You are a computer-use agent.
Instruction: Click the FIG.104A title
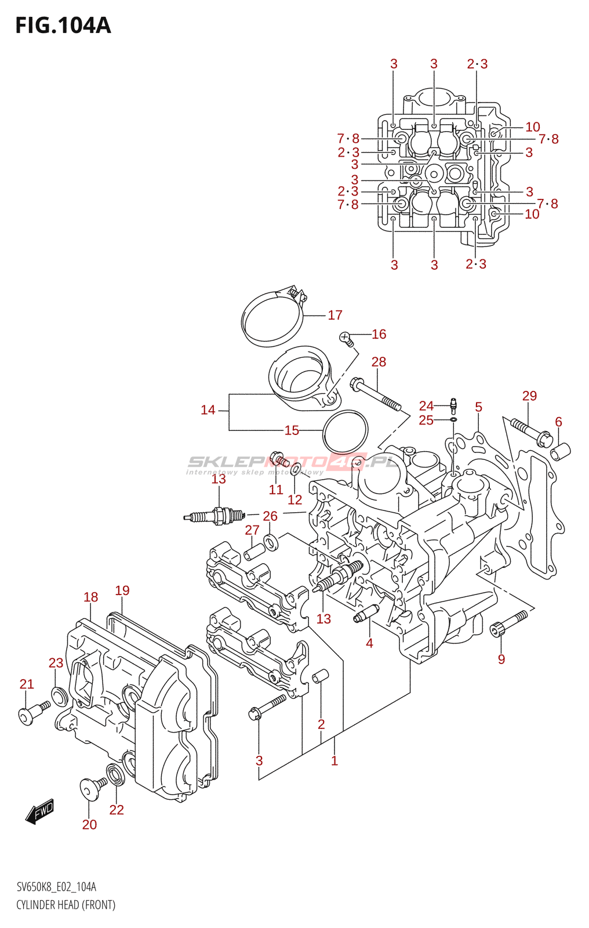pyautogui.click(x=63, y=26)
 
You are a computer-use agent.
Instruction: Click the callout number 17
pyautogui.click(x=335, y=315)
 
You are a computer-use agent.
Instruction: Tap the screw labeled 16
pyautogui.click(x=346, y=338)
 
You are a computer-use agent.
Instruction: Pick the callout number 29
pyautogui.click(x=529, y=396)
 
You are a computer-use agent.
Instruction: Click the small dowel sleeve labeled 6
pyautogui.click(x=561, y=450)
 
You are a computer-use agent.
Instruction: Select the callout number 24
pyautogui.click(x=426, y=405)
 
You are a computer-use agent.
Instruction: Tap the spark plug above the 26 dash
pyautogui.click(x=214, y=515)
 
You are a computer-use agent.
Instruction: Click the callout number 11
pyautogui.click(x=276, y=490)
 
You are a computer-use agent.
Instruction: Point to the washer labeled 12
pyautogui.click(x=296, y=469)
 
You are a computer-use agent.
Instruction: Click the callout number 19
pyautogui.click(x=122, y=590)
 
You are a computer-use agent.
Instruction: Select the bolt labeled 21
pyautogui.click(x=34, y=712)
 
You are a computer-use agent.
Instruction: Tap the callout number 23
pyautogui.click(x=56, y=662)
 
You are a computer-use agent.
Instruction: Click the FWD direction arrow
pyautogui.click(x=40, y=811)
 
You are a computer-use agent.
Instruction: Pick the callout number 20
pyautogui.click(x=89, y=824)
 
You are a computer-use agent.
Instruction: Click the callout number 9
pyautogui.click(x=501, y=659)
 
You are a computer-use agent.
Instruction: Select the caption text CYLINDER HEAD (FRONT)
pyautogui.click(x=66, y=905)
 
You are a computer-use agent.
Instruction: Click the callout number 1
pyautogui.click(x=335, y=760)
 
